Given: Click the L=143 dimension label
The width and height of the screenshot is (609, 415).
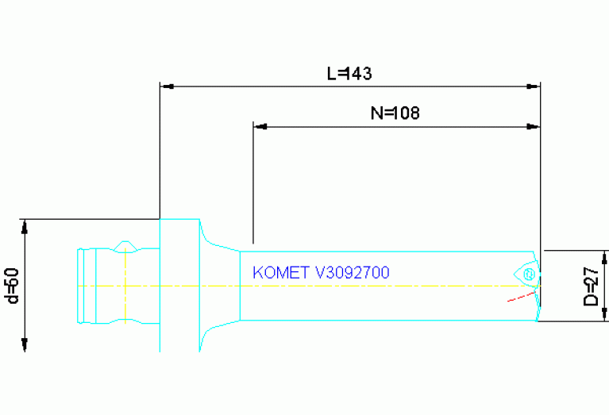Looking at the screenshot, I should pyautogui.click(x=349, y=73).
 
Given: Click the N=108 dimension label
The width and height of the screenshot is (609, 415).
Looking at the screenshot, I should pyautogui.click(x=395, y=113).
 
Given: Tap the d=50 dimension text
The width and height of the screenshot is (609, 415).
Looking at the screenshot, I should pyautogui.click(x=11, y=284).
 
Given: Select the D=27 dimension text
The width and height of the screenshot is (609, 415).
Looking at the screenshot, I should pyautogui.click(x=591, y=286).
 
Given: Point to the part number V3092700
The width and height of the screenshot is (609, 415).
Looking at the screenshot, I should pyautogui.click(x=352, y=272).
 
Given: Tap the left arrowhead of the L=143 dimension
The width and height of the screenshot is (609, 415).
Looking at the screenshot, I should pyautogui.click(x=165, y=86).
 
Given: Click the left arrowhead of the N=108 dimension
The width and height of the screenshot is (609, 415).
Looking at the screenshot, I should pyautogui.click(x=258, y=125).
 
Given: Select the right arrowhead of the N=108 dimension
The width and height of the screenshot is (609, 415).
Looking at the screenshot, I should pyautogui.click(x=535, y=125).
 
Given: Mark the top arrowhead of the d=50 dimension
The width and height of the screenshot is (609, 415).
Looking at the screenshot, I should pyautogui.click(x=25, y=224).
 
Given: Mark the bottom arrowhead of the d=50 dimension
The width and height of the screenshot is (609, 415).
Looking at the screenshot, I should pyautogui.click(x=25, y=345).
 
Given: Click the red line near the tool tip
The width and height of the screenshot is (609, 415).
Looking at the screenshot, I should pyautogui.click(x=521, y=297).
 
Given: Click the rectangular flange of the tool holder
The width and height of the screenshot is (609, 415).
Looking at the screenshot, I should pyautogui.click(x=179, y=284).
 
